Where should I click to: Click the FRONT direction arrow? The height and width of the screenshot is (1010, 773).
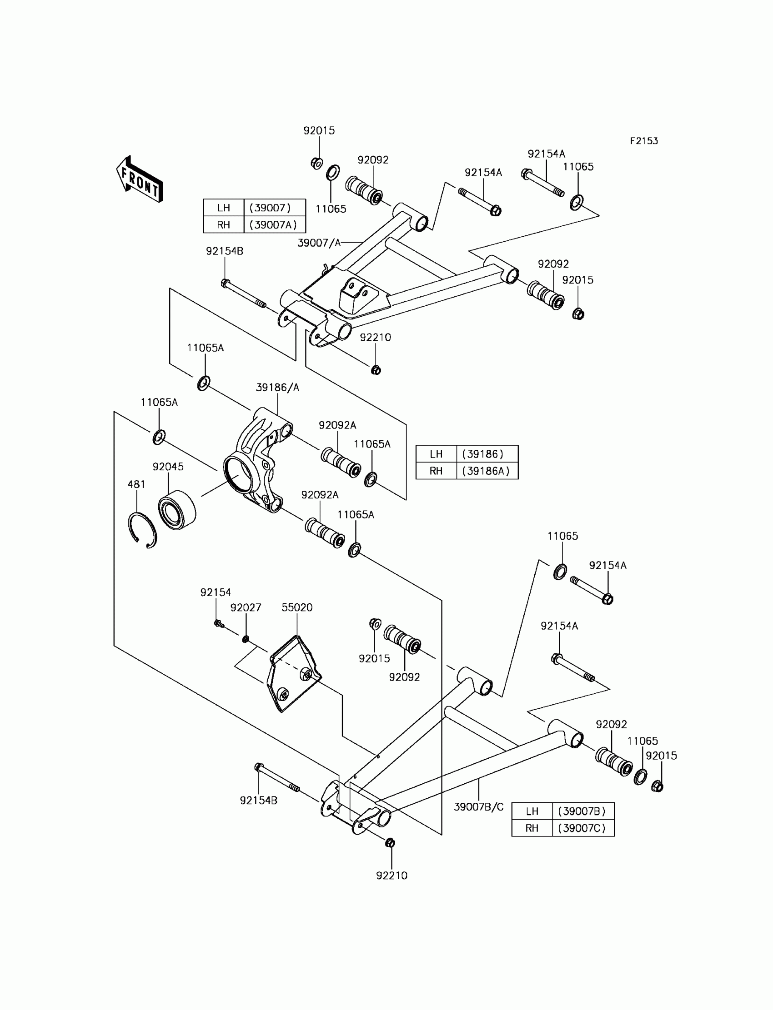click(140, 180)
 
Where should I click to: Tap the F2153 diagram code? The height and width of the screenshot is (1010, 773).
click(644, 141)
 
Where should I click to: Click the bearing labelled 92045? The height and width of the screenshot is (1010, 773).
click(177, 510)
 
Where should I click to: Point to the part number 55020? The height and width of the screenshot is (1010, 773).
click(297, 607)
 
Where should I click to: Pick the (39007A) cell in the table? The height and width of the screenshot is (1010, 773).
click(274, 225)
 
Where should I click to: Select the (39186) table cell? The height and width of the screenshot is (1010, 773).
click(487, 454)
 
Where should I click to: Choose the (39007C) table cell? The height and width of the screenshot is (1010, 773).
click(582, 828)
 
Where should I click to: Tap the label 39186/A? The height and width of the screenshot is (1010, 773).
click(277, 388)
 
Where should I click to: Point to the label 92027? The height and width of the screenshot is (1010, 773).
click(246, 607)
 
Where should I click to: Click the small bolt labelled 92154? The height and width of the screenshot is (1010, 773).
click(218, 624)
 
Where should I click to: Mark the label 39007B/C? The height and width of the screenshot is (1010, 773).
click(478, 807)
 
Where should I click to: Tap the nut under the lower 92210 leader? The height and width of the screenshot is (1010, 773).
click(390, 843)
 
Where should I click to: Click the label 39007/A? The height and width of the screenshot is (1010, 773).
click(319, 243)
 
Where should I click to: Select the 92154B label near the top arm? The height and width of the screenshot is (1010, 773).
click(225, 251)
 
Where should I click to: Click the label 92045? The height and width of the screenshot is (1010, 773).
click(168, 467)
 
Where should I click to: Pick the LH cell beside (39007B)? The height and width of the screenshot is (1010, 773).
click(532, 811)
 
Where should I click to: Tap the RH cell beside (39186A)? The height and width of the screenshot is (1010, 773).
click(436, 471)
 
